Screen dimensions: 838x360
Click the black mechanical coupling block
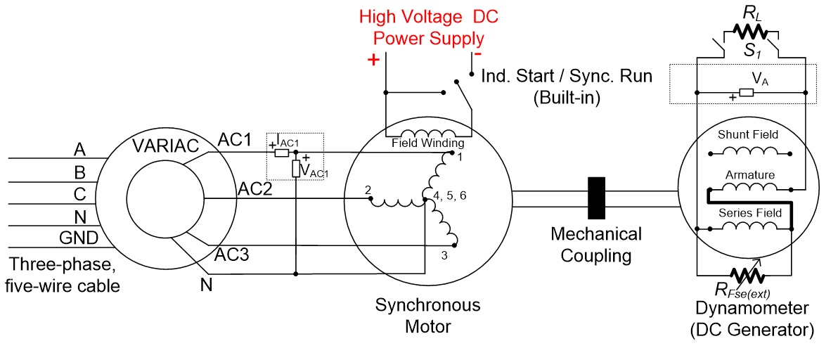click(596, 198)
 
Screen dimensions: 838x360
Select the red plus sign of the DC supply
click(373, 59)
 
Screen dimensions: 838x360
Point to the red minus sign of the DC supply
click(478, 53)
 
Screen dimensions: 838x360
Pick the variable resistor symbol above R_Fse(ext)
click(745, 276)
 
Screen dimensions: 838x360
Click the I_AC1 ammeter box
click(282, 153)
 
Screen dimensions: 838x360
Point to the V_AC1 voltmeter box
click(295, 169)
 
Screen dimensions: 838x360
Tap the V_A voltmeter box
click(746, 93)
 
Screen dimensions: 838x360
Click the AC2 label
click(255, 188)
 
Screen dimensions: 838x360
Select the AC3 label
click(232, 255)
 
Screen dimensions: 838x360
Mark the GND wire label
click(79, 238)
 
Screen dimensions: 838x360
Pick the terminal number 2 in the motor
click(367, 190)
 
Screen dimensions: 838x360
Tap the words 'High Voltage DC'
click(429, 17)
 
